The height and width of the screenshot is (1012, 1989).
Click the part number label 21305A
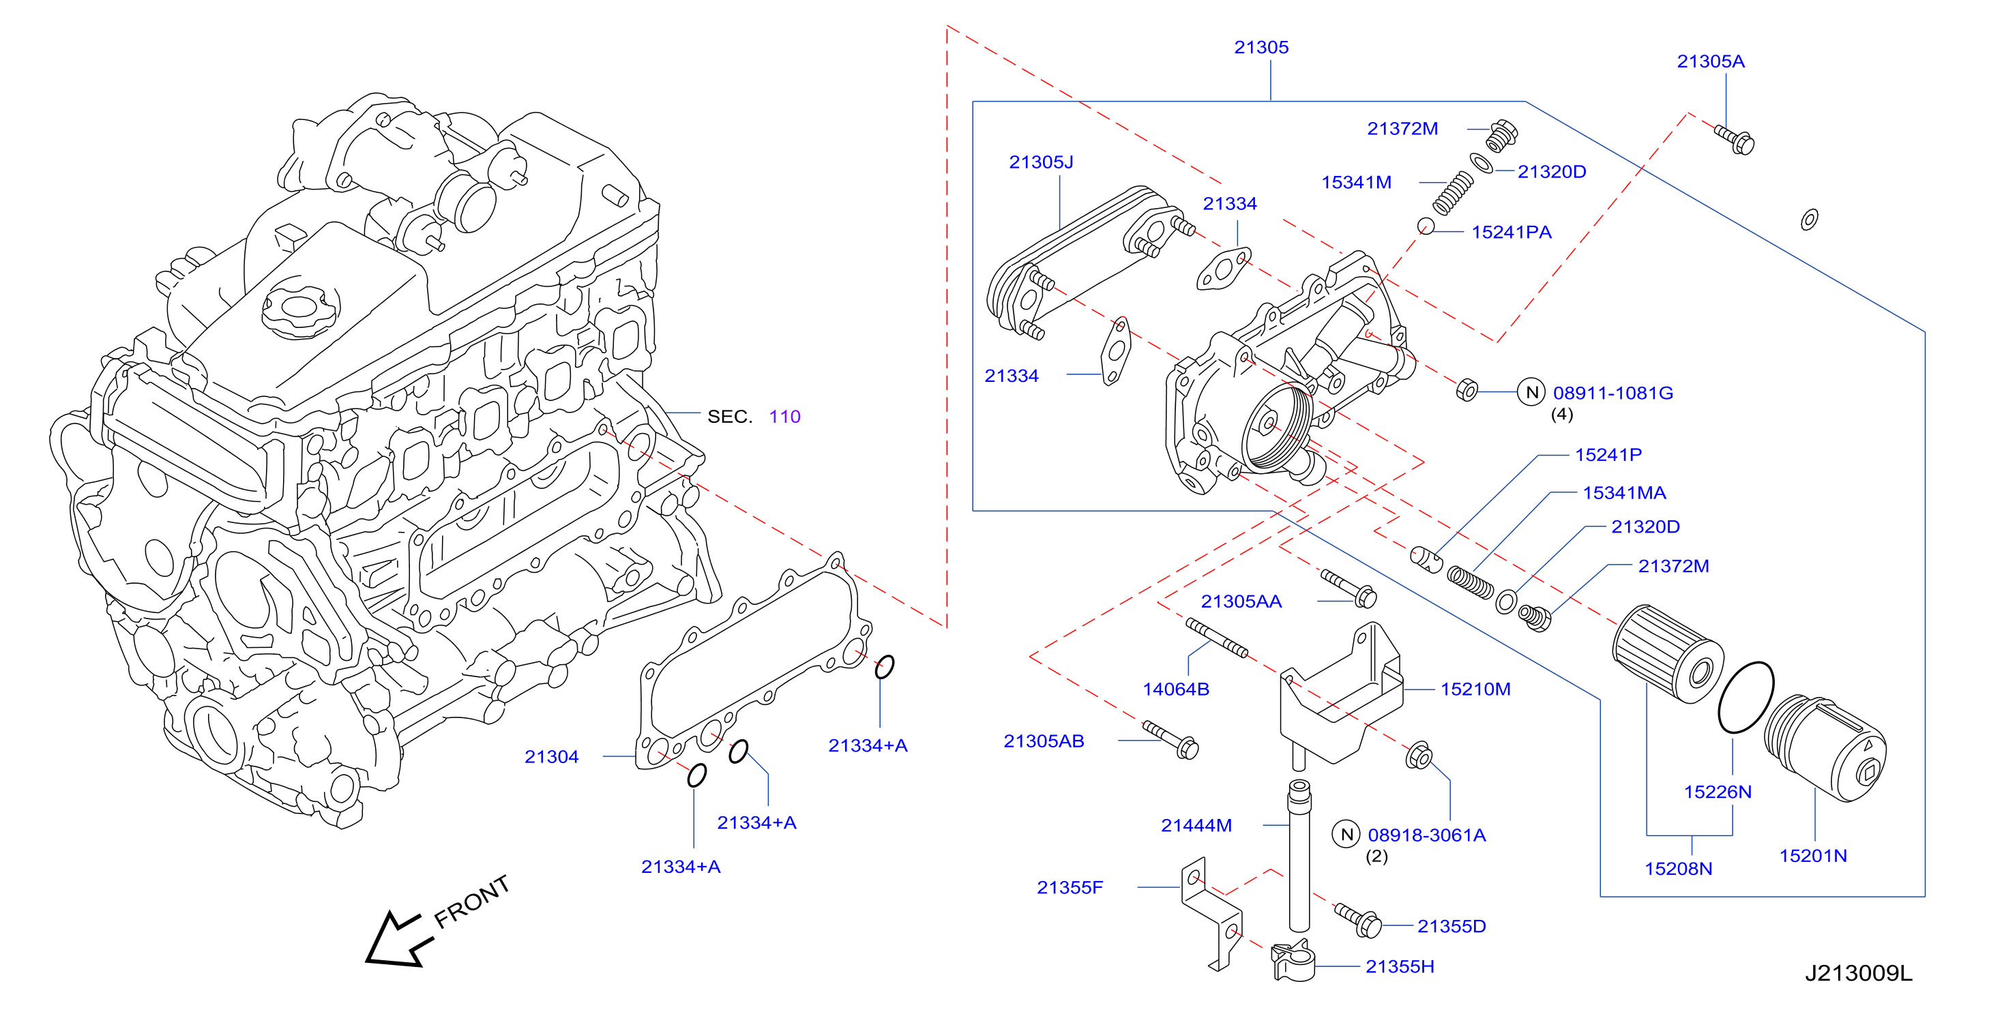1710,62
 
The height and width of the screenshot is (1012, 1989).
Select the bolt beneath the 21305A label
1734,140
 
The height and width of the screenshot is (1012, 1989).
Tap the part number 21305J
1041,162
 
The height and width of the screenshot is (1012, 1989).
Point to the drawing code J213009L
1858,973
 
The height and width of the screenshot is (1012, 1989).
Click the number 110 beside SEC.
784,417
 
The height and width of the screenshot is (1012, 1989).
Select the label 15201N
1813,856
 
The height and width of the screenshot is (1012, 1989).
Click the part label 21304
551,757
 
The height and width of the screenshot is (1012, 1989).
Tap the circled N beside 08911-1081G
1532,392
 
